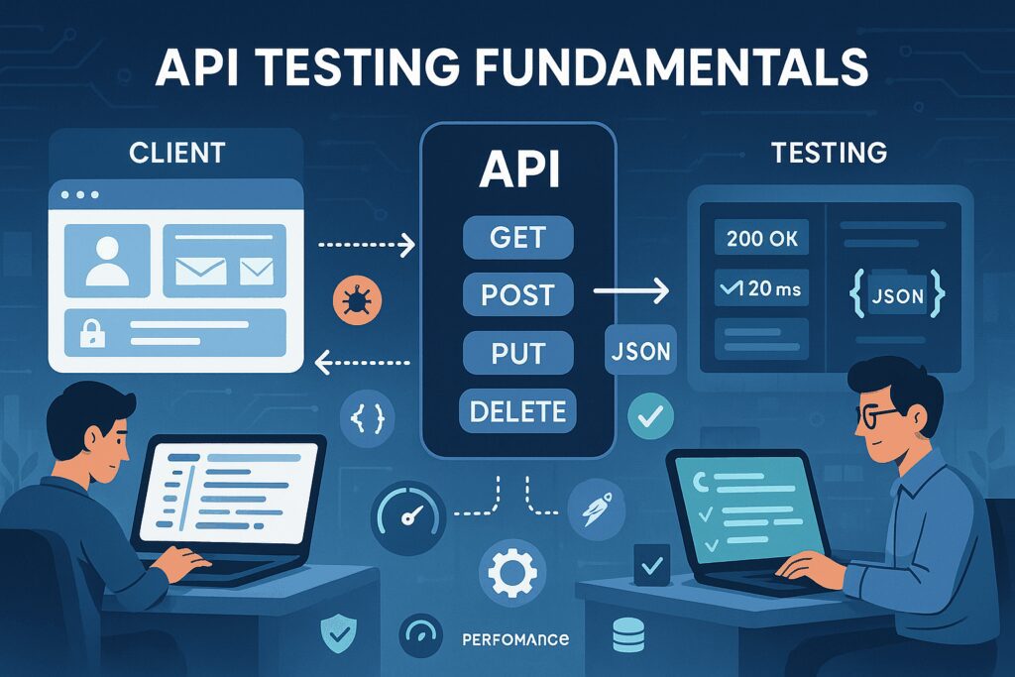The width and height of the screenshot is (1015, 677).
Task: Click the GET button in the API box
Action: [x=517, y=237]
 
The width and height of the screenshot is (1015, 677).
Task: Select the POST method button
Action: [x=517, y=294]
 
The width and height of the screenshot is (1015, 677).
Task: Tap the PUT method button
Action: [x=517, y=353]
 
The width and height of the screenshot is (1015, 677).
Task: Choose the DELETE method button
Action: [x=517, y=411]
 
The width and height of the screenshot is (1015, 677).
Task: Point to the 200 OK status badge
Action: [x=762, y=238]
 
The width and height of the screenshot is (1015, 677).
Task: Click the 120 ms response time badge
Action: [x=762, y=288]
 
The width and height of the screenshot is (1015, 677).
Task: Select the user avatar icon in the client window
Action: [x=107, y=261]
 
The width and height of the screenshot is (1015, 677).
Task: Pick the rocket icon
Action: [x=596, y=509]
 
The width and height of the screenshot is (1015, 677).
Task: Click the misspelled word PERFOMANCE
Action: [x=515, y=639]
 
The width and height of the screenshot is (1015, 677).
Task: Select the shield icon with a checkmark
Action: [x=339, y=633]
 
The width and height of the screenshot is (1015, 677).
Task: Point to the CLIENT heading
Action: [x=176, y=153]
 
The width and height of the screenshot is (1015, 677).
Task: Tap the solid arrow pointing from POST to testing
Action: [x=630, y=290]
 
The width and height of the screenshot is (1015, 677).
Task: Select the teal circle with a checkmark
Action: [x=650, y=415]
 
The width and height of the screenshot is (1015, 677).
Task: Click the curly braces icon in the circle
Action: [x=367, y=418]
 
